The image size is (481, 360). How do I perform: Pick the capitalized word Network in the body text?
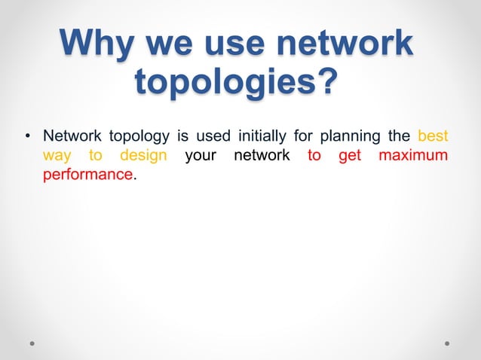(72, 136)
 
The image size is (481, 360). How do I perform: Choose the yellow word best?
(433, 136)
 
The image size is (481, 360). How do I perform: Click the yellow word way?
(57, 156)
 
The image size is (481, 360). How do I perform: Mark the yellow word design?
(143, 156)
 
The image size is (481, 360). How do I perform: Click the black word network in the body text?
(262, 156)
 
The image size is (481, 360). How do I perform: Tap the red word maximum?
(413, 156)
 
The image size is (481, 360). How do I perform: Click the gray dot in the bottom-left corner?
(32, 342)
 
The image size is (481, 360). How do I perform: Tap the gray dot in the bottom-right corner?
(447, 342)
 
